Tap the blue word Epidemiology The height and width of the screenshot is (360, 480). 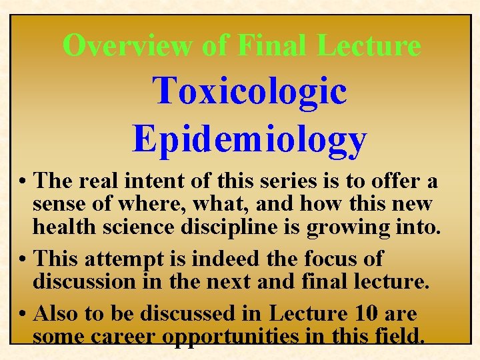tap(250, 139)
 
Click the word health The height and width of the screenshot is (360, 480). tap(65, 227)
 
